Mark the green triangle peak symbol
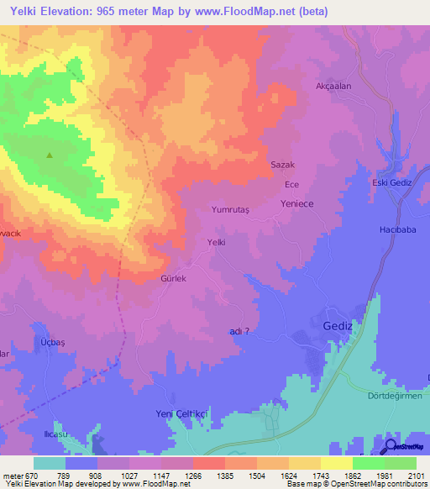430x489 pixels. [49, 155]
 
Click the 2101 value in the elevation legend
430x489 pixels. [417, 476]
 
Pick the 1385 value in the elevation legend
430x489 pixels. [225, 476]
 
